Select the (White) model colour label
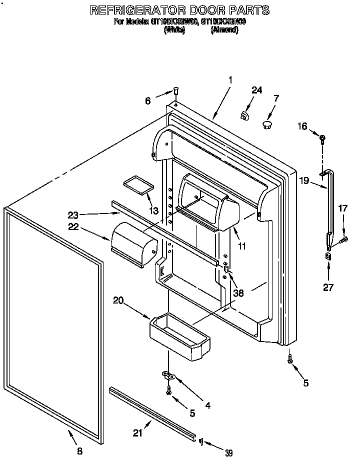click(x=174, y=30)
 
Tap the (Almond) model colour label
click(x=224, y=30)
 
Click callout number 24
click(x=256, y=90)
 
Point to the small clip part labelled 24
click(x=244, y=115)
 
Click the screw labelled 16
click(x=322, y=137)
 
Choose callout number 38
click(x=238, y=294)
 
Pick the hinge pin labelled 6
click(x=176, y=90)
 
